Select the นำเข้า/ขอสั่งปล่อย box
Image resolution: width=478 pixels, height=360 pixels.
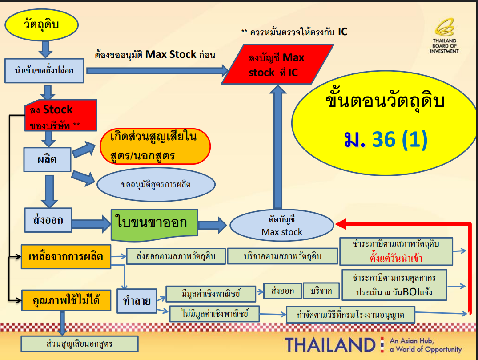(44, 70)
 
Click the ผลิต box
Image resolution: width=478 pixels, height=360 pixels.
(47, 159)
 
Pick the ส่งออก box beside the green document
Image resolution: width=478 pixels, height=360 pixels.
(48, 219)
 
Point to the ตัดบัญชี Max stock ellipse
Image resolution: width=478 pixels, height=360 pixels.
(281, 226)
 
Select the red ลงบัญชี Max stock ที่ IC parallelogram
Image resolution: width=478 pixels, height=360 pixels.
(277, 64)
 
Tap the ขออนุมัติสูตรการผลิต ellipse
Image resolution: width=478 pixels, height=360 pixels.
(155, 184)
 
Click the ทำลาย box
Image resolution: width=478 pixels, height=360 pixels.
(137, 301)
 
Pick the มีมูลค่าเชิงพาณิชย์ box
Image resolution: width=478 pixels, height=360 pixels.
(211, 293)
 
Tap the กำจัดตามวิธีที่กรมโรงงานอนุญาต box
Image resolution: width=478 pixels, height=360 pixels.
(350, 316)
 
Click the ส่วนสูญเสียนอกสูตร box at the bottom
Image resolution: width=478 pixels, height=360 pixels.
(80, 344)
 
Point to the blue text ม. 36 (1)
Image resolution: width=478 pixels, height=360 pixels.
(385, 139)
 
